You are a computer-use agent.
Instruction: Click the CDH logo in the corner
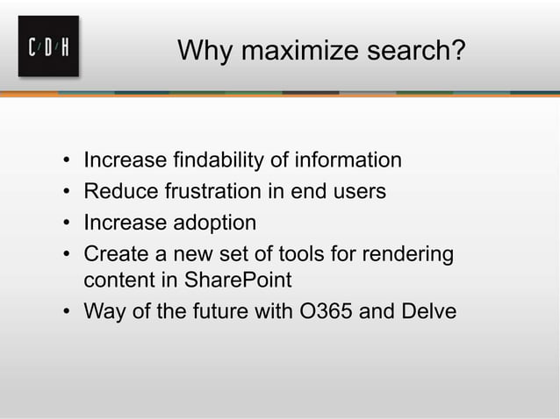click(48, 46)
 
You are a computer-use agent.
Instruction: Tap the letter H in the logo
click(65, 46)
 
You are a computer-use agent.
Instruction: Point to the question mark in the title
click(456, 51)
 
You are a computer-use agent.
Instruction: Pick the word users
click(358, 191)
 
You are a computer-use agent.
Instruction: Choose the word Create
click(112, 253)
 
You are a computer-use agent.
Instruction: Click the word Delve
click(427, 312)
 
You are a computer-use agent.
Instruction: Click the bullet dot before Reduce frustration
click(68, 192)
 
